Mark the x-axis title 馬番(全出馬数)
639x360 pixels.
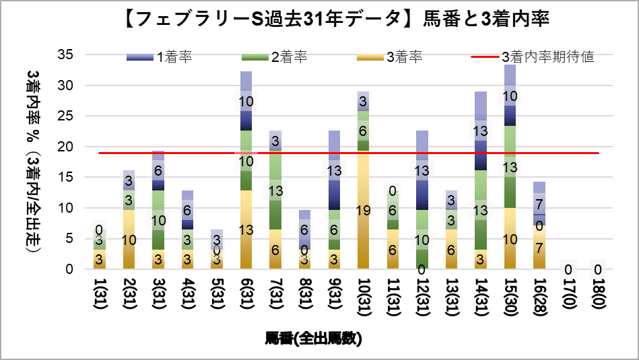pos(314,338)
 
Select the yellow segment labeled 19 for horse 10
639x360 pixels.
pos(363,210)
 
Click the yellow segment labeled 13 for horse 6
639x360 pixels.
pos(246,229)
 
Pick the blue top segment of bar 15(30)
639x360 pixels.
pos(509,94)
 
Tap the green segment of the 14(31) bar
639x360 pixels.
pos(480,209)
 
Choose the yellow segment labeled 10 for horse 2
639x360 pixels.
pos(129,239)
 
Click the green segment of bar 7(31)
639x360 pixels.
pos(275,190)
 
